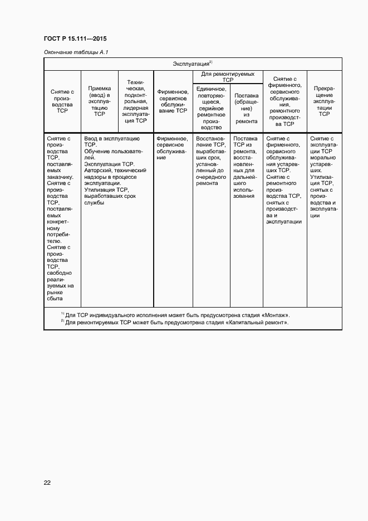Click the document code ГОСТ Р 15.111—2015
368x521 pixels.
point(75,39)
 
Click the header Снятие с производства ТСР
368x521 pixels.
point(62,101)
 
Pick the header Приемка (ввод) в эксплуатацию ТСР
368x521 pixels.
point(100,101)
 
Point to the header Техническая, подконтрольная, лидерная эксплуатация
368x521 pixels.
point(136,101)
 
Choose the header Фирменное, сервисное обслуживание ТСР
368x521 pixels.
point(172,101)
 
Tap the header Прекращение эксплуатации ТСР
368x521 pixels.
point(323,101)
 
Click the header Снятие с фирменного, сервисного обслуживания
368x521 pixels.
point(284,101)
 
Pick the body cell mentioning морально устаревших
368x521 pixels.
point(323,176)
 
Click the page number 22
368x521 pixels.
point(47,483)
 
